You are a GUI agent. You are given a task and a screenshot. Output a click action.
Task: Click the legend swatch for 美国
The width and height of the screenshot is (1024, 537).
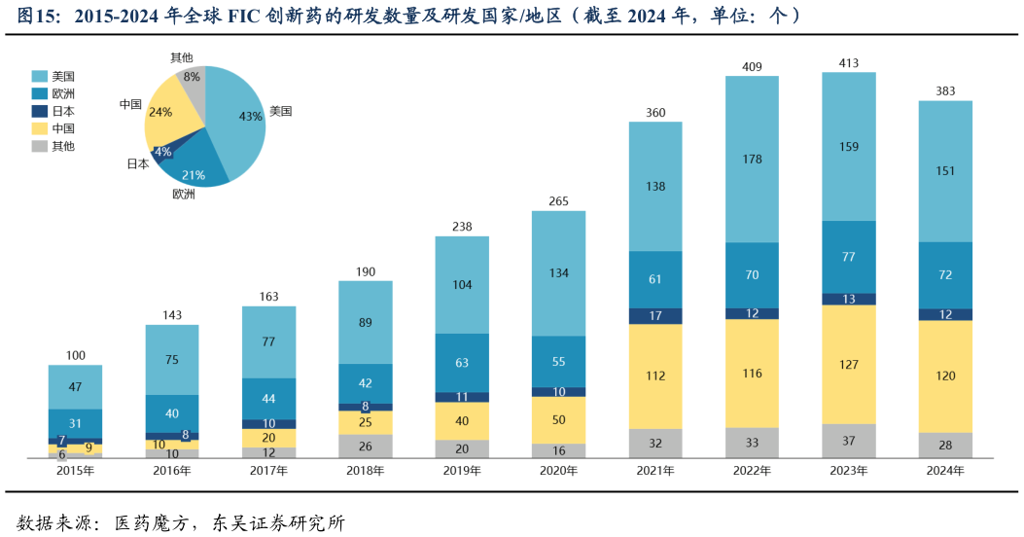pyautogui.click(x=40, y=76)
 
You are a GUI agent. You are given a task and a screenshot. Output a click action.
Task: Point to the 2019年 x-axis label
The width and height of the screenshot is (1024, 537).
pyautogui.click(x=462, y=471)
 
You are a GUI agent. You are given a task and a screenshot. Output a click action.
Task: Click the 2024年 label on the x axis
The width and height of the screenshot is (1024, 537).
pyautogui.click(x=945, y=471)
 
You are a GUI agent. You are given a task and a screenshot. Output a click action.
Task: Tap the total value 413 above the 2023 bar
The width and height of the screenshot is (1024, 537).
pyautogui.click(x=848, y=63)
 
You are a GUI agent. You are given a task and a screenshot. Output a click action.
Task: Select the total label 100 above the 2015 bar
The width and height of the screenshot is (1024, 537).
pyautogui.click(x=75, y=356)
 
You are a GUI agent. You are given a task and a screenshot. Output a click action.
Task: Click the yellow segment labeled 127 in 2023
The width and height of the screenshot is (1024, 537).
pyautogui.click(x=848, y=365)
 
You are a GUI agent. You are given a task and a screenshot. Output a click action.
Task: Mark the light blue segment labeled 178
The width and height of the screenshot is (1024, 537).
pyautogui.click(x=752, y=160)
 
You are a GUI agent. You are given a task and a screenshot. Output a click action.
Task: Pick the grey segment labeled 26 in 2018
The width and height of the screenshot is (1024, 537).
pyautogui.click(x=365, y=447)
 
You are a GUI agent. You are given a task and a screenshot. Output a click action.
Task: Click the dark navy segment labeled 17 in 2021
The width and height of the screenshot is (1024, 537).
pyautogui.click(x=655, y=316)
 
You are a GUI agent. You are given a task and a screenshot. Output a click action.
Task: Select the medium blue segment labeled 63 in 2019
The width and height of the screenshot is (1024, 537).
pyautogui.click(x=462, y=363)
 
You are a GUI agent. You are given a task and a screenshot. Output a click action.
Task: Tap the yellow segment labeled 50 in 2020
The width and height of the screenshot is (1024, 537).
pyautogui.click(x=558, y=420)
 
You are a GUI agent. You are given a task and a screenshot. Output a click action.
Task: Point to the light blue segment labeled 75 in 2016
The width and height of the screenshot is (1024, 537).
pyautogui.click(x=172, y=360)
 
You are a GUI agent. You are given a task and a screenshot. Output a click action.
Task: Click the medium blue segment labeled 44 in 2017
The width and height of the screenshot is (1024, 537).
pyautogui.click(x=268, y=399)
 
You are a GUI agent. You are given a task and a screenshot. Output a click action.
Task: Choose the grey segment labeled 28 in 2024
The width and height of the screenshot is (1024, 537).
pyautogui.click(x=945, y=446)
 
